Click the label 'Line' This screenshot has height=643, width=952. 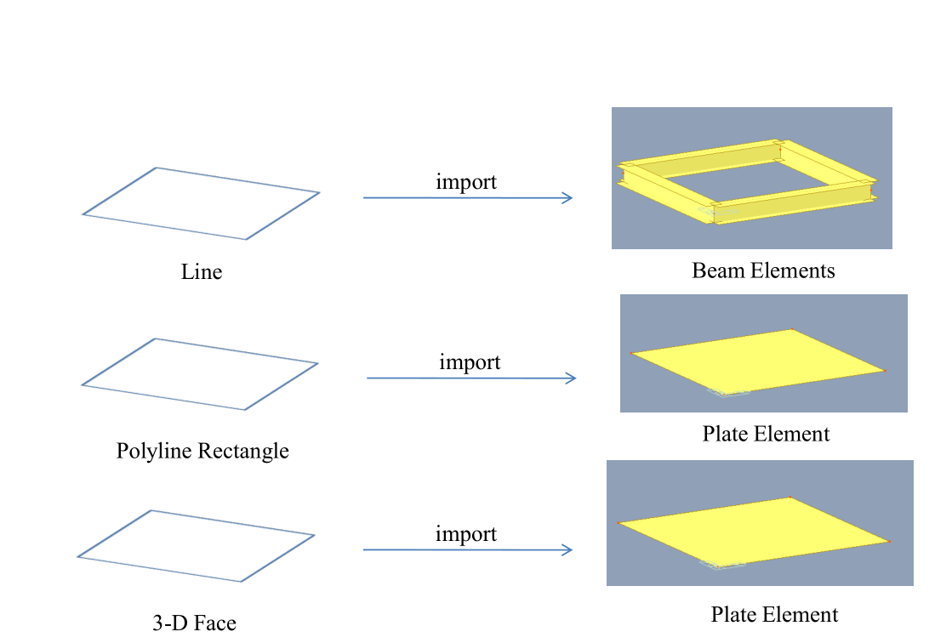click(202, 272)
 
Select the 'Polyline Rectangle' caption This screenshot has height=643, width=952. click(202, 451)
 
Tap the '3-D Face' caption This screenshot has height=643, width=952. click(194, 623)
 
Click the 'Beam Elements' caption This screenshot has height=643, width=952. click(763, 271)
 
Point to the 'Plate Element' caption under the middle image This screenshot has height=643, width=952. click(766, 434)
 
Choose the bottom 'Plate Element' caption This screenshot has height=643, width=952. click(774, 615)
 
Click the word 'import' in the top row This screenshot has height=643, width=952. click(466, 182)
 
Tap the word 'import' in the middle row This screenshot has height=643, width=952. click(470, 362)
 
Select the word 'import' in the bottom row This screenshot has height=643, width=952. click(466, 534)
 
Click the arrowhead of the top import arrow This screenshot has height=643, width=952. click(568, 198)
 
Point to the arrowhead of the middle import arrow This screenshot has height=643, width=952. click(572, 378)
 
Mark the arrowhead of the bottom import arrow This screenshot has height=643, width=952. click(567, 550)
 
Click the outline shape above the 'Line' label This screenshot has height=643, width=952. click(157, 168)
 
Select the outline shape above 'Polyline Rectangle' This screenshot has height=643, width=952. click(155, 339)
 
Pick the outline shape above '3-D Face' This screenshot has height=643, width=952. click(151, 511)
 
